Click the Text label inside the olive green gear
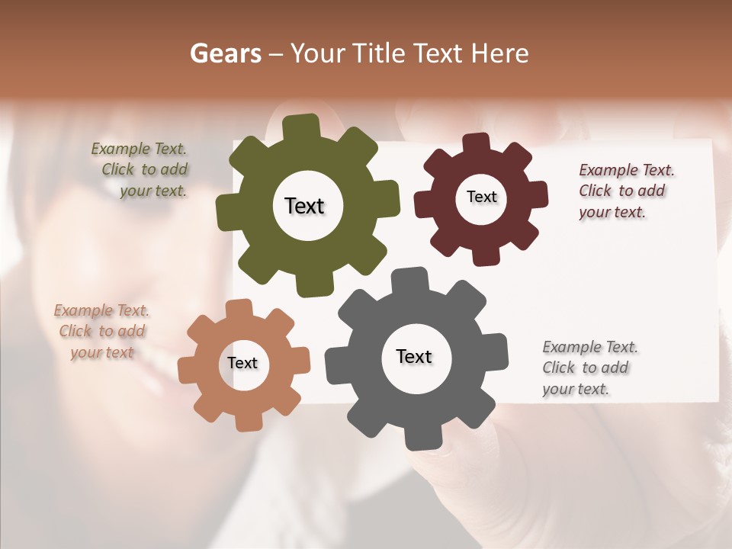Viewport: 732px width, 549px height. pyautogui.click(x=304, y=206)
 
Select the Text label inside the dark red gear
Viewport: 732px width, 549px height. pyautogui.click(x=481, y=197)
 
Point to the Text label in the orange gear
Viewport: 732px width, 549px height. pyautogui.click(x=242, y=363)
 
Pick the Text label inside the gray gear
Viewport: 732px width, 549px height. pyautogui.click(x=414, y=356)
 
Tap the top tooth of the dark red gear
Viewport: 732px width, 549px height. pyautogui.click(x=477, y=143)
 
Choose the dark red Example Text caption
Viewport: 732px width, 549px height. pyautogui.click(x=623, y=191)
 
